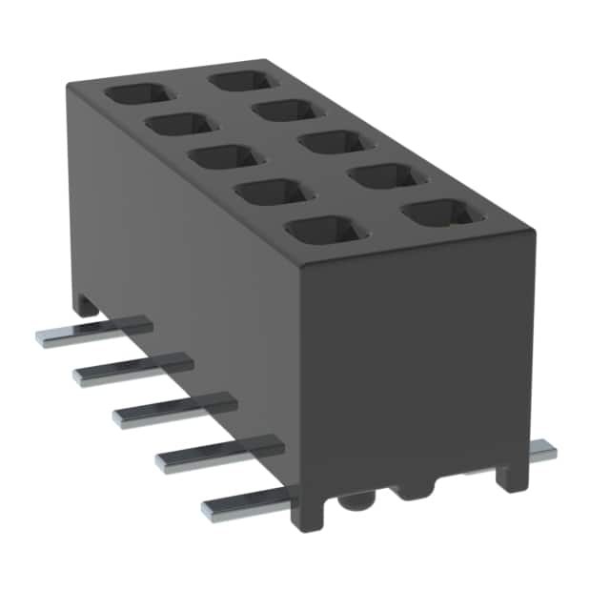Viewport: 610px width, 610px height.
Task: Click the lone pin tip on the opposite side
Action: click(x=544, y=451)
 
